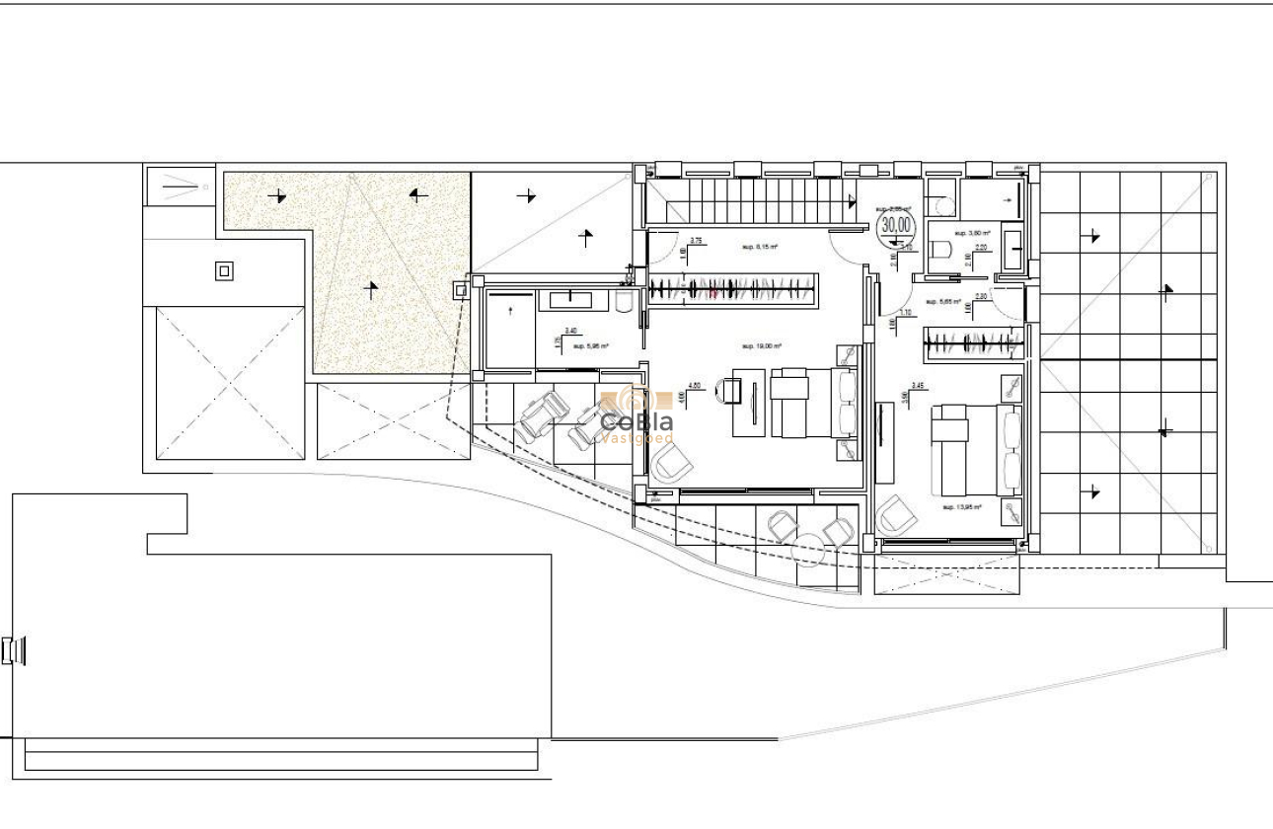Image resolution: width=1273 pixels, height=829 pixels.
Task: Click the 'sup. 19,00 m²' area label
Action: (x=762, y=346)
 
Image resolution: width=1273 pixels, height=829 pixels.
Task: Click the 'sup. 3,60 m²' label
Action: (x=972, y=234)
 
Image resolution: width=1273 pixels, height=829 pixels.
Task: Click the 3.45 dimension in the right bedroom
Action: (x=918, y=386)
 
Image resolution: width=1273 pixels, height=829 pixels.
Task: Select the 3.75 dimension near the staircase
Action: (x=696, y=241)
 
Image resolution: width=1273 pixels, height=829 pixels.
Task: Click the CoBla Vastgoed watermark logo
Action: (x=637, y=415)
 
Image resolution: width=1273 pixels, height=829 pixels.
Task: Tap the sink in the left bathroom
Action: (x=571, y=298)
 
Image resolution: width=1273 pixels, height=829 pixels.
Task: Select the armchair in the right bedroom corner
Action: (x=895, y=514)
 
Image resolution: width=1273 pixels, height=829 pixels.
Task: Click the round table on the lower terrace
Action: (x=808, y=548)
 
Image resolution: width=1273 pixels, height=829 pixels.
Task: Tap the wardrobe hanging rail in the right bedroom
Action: (x=973, y=342)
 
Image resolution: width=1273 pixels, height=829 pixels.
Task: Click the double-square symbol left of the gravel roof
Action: (x=225, y=270)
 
